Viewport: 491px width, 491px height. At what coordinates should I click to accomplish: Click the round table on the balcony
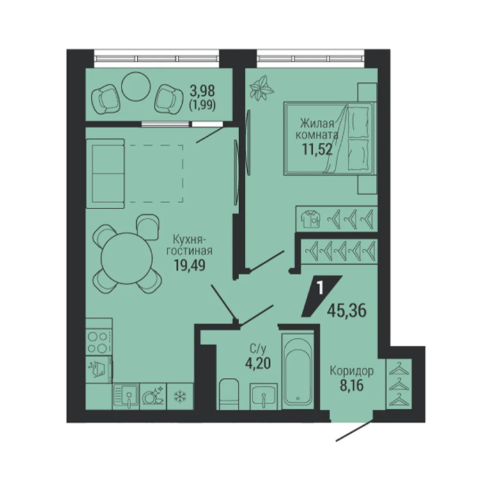[136, 86]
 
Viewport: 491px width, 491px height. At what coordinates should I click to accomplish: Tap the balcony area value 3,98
[202, 91]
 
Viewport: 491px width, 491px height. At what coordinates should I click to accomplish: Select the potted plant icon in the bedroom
[261, 88]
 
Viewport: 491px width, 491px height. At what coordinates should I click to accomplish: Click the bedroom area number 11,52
[317, 149]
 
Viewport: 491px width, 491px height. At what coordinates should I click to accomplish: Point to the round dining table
[127, 258]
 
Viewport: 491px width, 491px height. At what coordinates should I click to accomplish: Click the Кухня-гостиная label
[189, 245]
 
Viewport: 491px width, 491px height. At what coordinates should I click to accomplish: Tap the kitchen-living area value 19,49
[190, 265]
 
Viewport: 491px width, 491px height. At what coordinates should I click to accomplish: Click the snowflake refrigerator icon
[180, 396]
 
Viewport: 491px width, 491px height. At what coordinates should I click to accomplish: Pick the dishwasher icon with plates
[153, 396]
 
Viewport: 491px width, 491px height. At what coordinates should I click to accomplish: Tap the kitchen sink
[126, 396]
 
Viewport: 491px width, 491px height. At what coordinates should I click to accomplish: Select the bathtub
[298, 371]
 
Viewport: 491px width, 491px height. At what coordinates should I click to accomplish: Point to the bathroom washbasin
[263, 396]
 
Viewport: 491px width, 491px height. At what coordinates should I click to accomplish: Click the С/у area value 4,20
[258, 363]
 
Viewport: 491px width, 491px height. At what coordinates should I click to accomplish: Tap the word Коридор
[352, 371]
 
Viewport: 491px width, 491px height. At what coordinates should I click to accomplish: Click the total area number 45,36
[347, 311]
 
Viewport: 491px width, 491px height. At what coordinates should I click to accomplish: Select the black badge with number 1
[322, 296]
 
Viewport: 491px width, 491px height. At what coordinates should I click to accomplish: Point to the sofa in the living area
[105, 173]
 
